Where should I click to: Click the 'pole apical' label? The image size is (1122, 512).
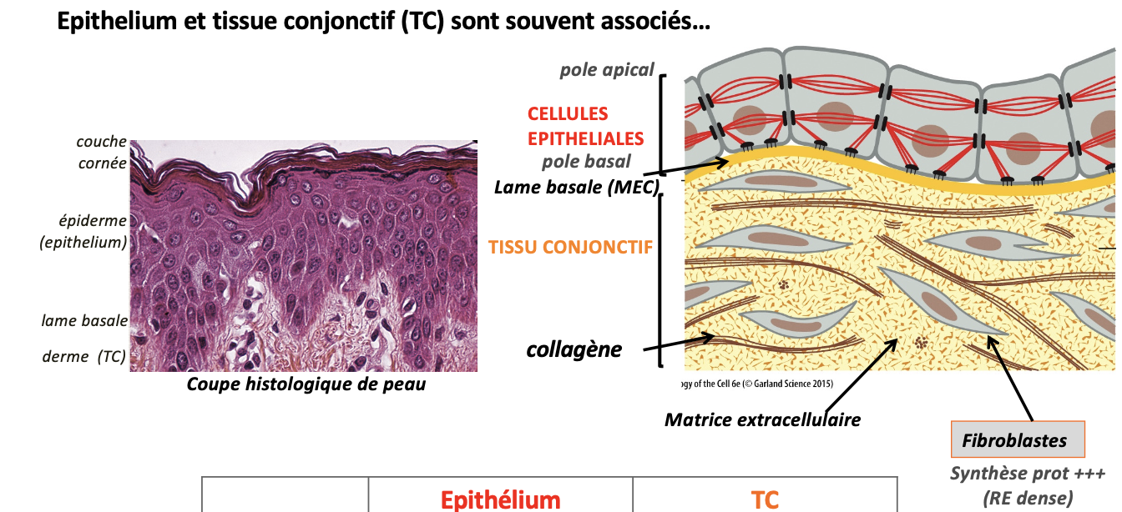607,70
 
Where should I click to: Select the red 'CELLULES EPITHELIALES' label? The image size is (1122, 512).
585,126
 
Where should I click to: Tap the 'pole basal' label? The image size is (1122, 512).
586,162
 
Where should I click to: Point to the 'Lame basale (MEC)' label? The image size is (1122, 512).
577,187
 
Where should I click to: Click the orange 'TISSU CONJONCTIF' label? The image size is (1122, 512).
570,247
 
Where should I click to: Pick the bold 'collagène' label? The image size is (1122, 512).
574,349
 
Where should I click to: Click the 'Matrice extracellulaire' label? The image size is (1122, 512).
762,419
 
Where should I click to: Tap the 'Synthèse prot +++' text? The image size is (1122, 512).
1027,474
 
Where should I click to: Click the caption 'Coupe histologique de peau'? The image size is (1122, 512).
306,384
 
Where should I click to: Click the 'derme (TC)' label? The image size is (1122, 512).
83,357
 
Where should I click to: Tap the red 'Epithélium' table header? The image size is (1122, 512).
500,499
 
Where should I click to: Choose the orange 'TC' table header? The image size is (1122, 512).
765,499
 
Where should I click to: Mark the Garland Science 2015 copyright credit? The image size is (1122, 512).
758,384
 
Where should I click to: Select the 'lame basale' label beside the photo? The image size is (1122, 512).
84,321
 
